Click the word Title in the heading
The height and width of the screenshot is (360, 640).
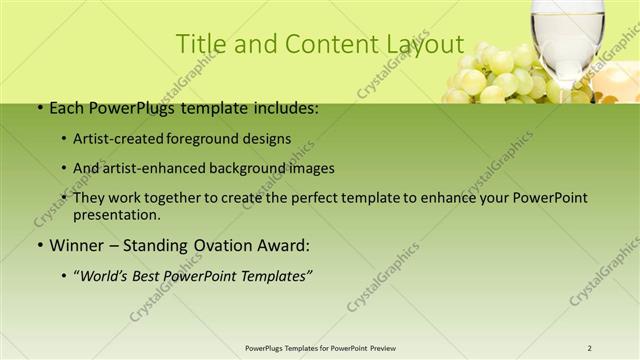tap(198, 45)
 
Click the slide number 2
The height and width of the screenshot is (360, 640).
tap(590, 348)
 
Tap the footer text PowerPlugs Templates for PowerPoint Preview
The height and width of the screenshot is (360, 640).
tap(320, 348)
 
